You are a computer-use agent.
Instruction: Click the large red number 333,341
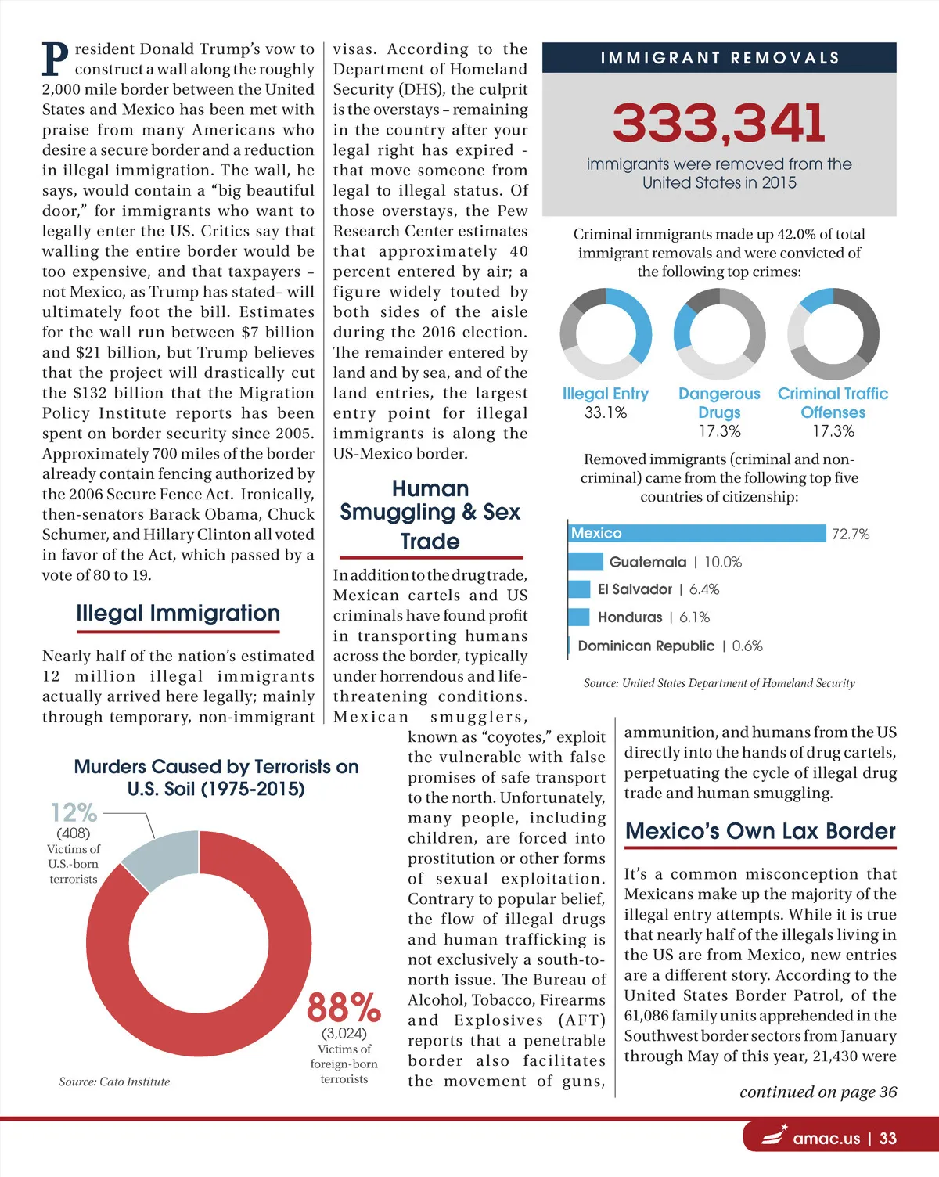coord(718,124)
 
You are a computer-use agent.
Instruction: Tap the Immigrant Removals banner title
coord(719,58)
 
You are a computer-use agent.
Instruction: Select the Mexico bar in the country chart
coord(696,534)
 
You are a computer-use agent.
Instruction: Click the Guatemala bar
coord(585,562)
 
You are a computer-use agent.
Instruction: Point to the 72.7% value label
coord(851,535)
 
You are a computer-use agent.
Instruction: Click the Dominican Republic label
coord(646,646)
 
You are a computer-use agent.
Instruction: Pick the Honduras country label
coord(630,617)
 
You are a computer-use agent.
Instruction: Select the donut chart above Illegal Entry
coord(606,333)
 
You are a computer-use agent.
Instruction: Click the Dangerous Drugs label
coord(719,403)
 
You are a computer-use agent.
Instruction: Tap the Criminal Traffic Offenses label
coord(833,403)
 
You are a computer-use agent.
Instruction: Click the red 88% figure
coord(344,1008)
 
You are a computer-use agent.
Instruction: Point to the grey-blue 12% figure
coord(74,812)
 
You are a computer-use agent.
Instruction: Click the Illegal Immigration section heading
coord(178,613)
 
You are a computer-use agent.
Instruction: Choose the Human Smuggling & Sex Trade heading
coord(430,514)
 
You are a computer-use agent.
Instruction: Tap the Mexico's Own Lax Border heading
coord(760,831)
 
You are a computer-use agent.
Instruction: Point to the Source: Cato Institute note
coord(114,1082)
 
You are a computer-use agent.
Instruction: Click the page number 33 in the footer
coord(887,1139)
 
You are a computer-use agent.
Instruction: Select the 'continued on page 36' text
coord(818,1092)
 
